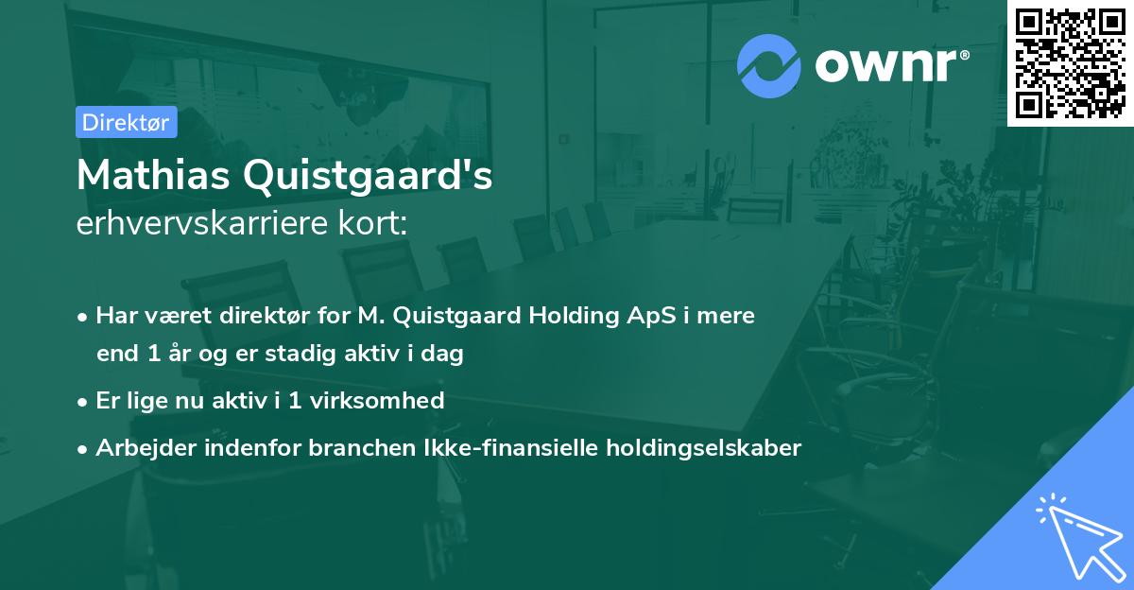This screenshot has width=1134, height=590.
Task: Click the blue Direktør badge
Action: click(126, 122)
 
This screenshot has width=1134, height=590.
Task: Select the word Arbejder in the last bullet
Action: click(138, 447)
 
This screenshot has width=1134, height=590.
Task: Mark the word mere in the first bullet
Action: click(727, 315)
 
